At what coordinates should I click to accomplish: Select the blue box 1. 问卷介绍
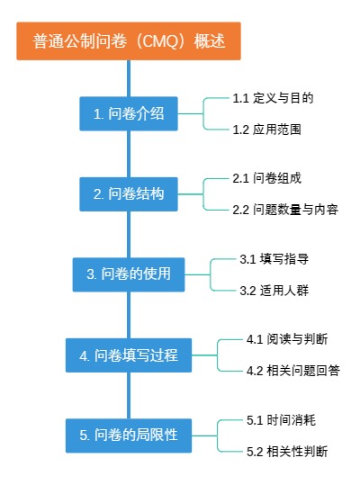pos(128,114)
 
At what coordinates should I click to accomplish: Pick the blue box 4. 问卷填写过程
pos(128,355)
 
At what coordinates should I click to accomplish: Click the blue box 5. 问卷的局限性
pos(128,435)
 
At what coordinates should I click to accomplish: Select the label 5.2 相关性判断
pos(286,451)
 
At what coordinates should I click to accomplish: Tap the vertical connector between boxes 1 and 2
pos(128,153)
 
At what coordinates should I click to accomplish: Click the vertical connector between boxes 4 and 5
pos(128,395)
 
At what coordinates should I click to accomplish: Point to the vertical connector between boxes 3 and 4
pos(128,314)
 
